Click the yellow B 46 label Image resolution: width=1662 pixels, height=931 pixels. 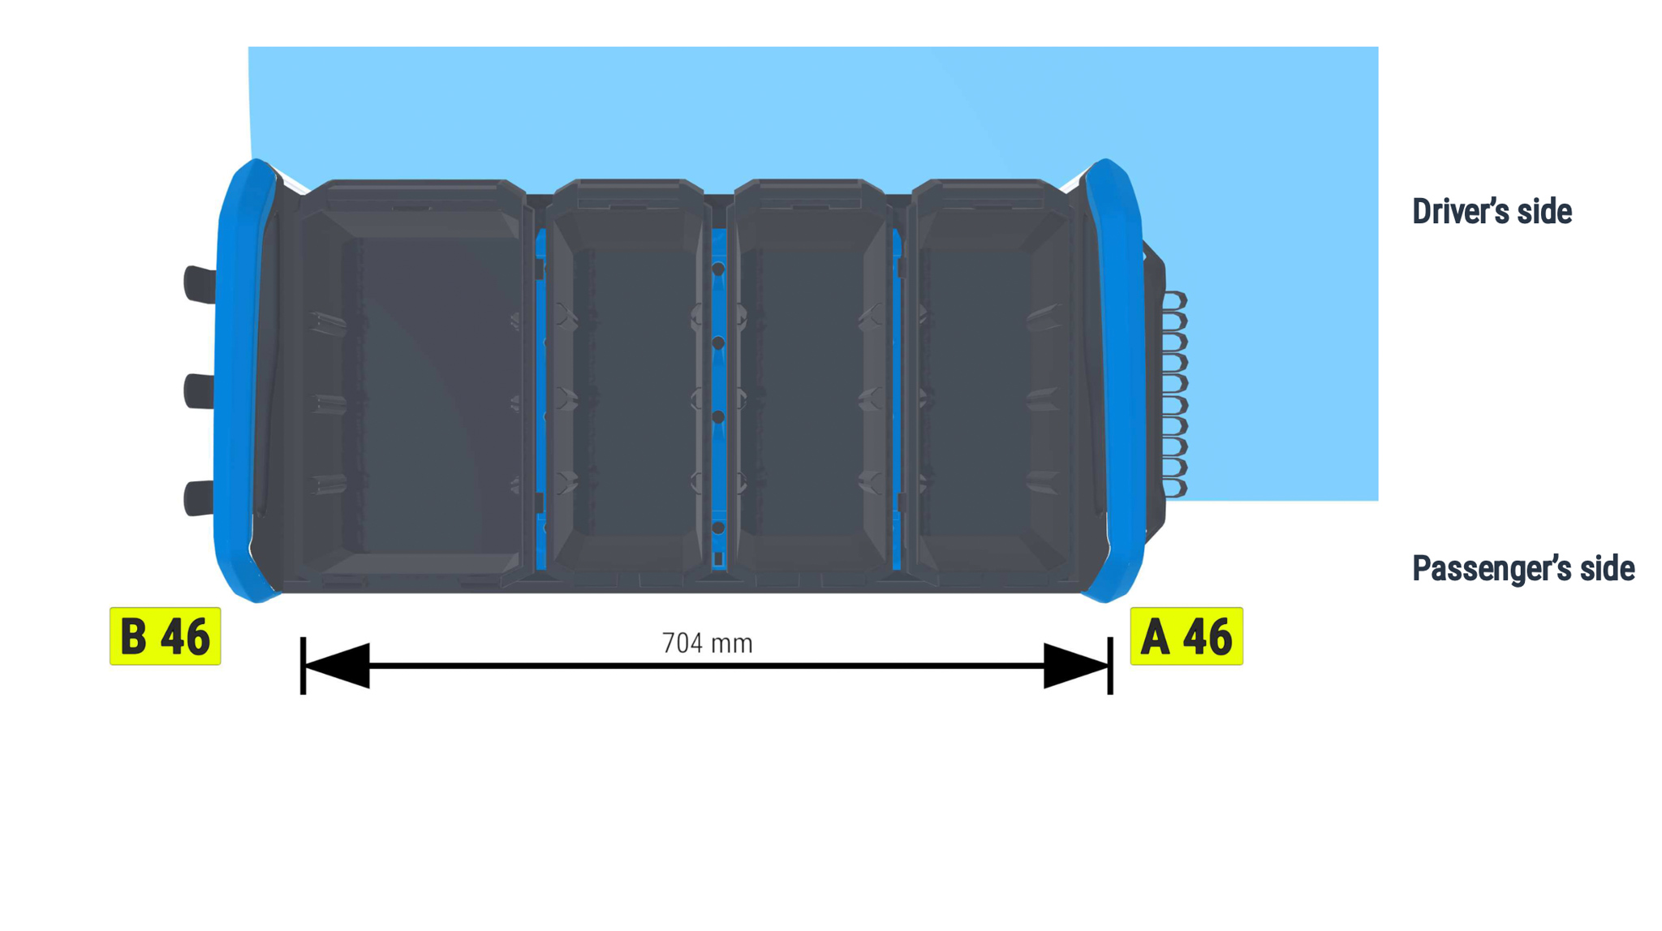[165, 636]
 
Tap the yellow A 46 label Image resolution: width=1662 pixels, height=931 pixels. [1186, 636]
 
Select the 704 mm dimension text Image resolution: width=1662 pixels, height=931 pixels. [708, 644]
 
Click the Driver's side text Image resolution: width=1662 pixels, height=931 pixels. [1492, 212]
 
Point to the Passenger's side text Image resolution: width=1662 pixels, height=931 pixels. [1523, 568]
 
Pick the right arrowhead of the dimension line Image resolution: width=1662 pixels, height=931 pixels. [1076, 666]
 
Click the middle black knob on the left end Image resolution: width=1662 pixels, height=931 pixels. [199, 391]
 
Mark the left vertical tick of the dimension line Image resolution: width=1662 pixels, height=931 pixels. [303, 666]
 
